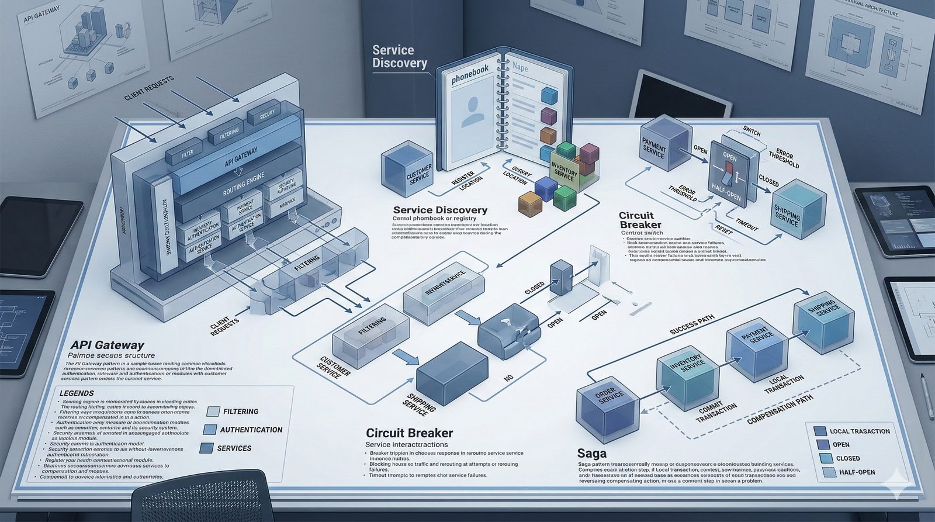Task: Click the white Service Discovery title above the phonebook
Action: point(400,57)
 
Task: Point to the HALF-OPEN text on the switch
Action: point(726,191)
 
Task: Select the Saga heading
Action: point(591,453)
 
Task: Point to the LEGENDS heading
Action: point(77,393)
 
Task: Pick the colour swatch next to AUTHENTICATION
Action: point(210,430)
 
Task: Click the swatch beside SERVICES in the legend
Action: point(206,448)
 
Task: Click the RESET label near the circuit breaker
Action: point(723,230)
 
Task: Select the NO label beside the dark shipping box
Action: point(508,378)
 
